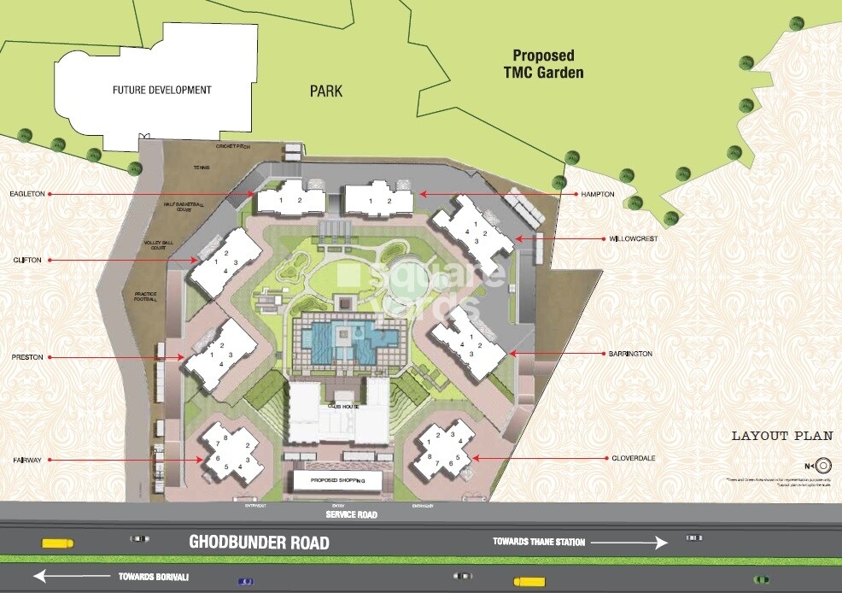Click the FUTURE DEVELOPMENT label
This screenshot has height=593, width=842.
point(161,90)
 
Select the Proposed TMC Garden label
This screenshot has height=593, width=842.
point(543,64)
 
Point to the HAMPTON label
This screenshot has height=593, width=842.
point(598,194)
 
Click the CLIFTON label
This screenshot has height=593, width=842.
point(28,260)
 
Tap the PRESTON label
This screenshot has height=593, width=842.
point(27,357)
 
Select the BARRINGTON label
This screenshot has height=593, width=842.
point(630,353)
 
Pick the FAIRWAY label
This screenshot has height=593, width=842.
point(27,460)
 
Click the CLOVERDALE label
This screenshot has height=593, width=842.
point(633,459)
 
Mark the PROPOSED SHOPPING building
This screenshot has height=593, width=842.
point(336,482)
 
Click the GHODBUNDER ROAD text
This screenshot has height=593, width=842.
point(259,543)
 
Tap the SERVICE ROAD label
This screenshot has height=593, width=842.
point(351,515)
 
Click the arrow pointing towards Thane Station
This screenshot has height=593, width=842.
point(628,543)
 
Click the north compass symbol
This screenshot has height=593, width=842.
point(823,466)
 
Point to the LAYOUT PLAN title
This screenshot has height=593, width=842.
point(781,436)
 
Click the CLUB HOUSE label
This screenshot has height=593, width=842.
point(340,407)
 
